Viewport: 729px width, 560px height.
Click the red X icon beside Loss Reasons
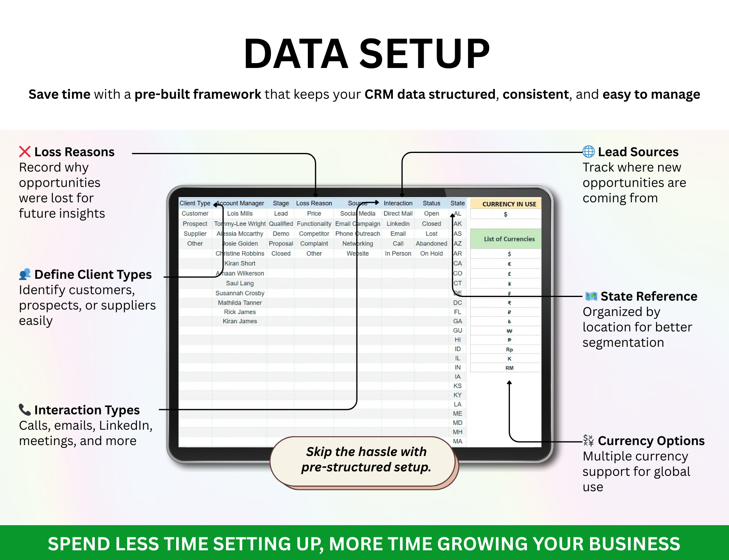25,152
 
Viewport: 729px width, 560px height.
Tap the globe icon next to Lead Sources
588,152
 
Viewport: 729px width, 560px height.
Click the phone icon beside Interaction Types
25,409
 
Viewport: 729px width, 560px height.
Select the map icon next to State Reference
591,296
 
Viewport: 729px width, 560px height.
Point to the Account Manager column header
240,203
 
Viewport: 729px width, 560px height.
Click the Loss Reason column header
314,203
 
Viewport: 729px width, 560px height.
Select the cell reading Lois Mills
240,213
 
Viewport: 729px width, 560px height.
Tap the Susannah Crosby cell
240,293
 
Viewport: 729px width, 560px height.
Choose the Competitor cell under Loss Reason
314,233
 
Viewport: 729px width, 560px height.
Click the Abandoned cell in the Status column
431,243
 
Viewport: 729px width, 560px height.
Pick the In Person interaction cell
398,253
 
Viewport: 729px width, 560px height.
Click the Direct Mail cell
398,213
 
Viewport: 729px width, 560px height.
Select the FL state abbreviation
458,312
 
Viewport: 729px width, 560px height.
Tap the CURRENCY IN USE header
509,204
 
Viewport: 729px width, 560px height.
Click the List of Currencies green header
509,239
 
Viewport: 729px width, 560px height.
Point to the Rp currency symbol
509,350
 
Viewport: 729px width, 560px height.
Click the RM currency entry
509,368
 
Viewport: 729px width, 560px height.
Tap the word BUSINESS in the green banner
634,544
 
